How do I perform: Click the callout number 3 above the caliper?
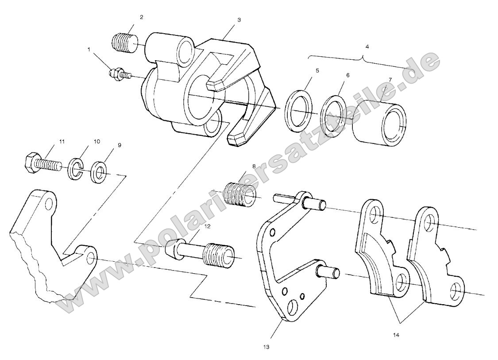[x=239, y=20]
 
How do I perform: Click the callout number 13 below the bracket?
[x=266, y=347]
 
